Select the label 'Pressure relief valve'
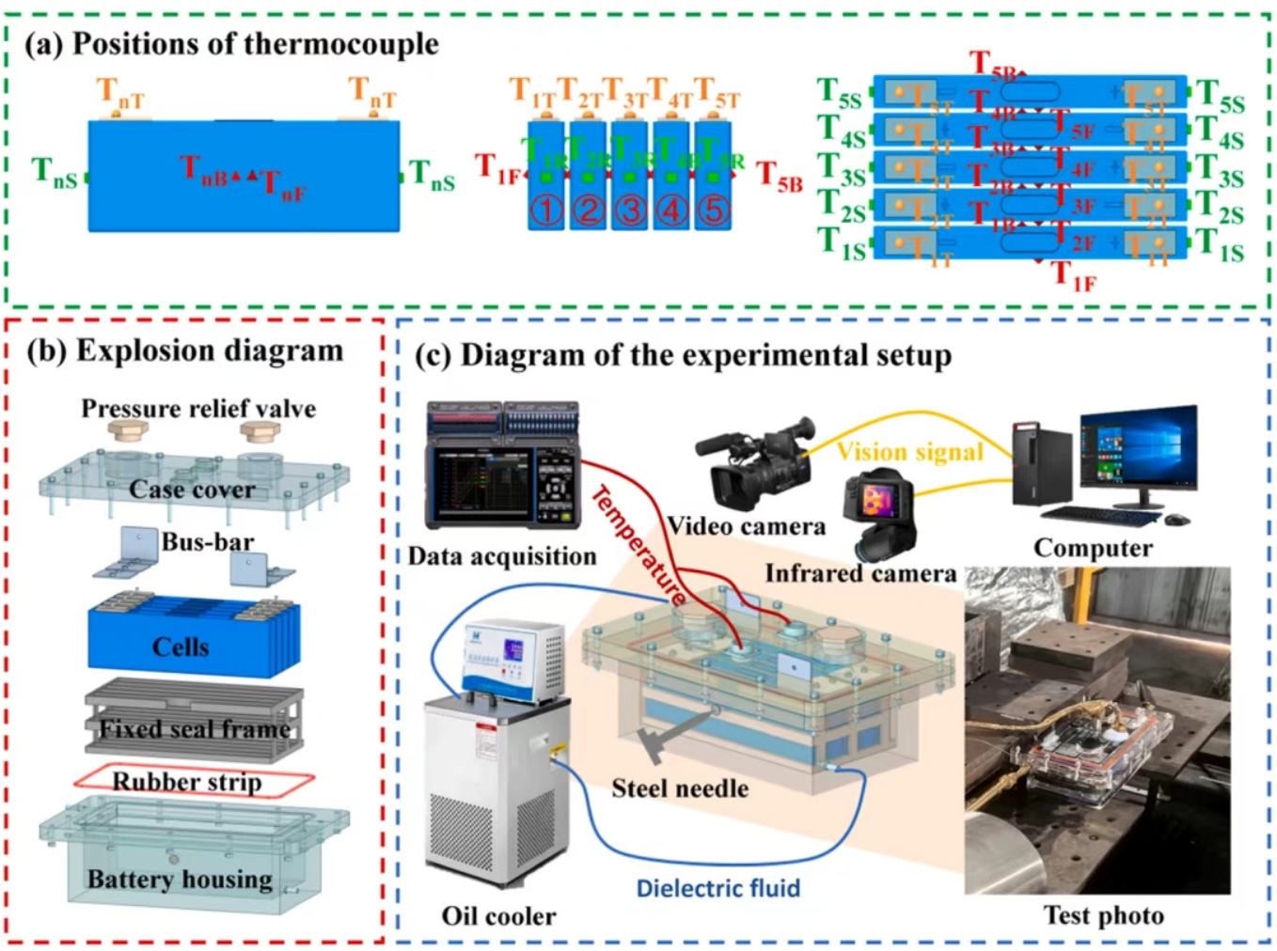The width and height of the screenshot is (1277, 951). coord(198,409)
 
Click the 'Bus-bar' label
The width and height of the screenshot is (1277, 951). coord(208,542)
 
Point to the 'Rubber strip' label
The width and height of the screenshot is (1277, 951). coord(187,782)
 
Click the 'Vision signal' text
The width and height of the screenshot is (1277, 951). coord(909,452)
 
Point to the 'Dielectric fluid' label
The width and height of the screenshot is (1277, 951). coord(718,888)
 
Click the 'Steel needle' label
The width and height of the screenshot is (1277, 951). coord(680,788)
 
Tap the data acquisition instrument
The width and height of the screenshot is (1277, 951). coord(503,464)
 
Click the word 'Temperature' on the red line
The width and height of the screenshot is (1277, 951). coord(638,544)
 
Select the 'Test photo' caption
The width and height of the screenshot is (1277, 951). coord(1104,915)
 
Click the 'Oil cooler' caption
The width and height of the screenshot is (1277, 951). coord(498,915)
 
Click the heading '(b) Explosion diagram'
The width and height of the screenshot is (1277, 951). coord(185,351)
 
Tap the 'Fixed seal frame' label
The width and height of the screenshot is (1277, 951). coord(195,729)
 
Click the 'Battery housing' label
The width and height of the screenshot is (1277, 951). coord(180,880)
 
